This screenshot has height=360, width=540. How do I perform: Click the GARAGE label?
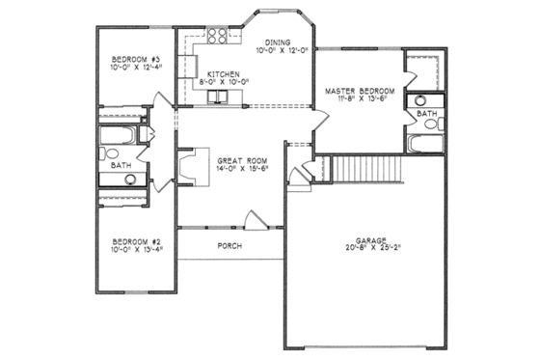tap(370, 238)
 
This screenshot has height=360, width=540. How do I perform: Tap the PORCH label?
tap(229, 246)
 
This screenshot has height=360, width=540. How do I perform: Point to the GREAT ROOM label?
tap(235, 159)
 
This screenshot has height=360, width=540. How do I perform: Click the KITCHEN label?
tap(223, 72)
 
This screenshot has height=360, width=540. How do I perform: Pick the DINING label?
tap(279, 42)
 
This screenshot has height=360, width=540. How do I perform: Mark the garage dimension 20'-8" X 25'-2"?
tap(370, 248)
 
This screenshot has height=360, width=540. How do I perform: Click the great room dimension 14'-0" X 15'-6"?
tap(235, 169)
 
